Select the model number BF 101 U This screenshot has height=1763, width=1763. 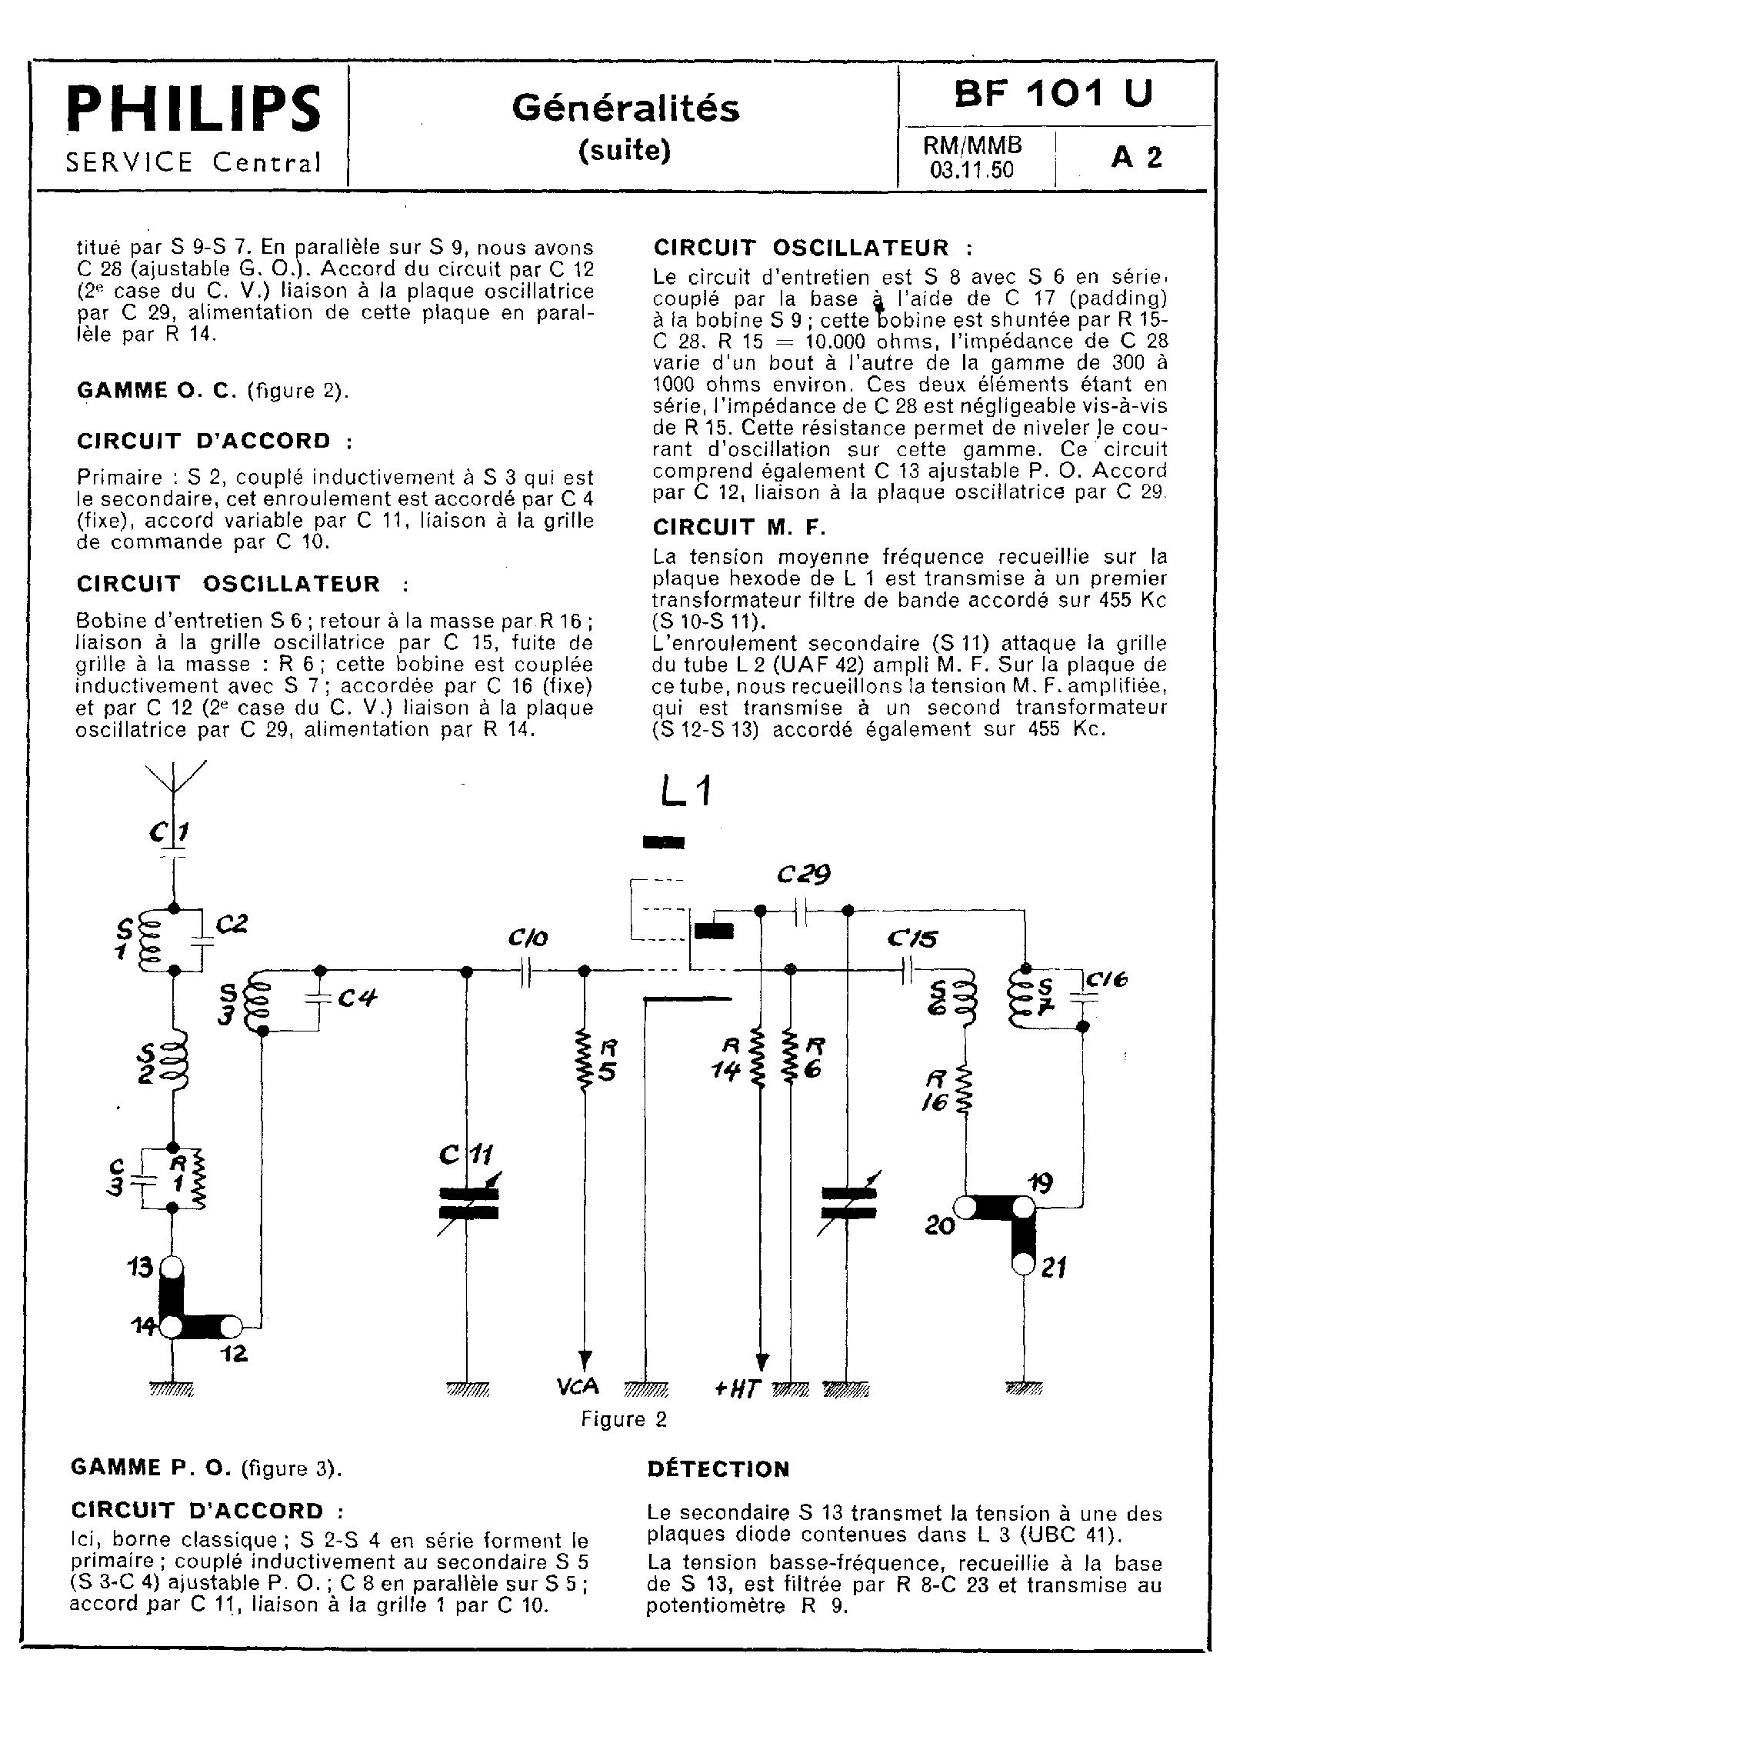click(1053, 93)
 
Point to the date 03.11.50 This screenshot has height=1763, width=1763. click(971, 170)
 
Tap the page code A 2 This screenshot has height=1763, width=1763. click(1136, 158)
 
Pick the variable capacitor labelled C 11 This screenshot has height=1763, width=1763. click(468, 1203)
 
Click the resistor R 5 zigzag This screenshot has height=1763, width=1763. click(584, 1061)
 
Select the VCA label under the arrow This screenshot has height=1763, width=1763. click(578, 1386)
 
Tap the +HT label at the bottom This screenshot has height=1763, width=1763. click(738, 1389)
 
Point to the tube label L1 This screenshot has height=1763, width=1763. click(685, 792)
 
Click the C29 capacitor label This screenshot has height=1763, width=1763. click(803, 875)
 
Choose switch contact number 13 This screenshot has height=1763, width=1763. click(171, 1268)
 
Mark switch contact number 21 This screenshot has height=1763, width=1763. click(1024, 1264)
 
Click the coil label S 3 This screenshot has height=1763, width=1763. click(228, 1002)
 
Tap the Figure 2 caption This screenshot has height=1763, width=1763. click(624, 1419)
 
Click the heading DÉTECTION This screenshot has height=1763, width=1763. click(718, 1469)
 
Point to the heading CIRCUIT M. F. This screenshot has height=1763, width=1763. click(739, 528)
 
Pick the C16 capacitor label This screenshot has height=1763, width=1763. click(1107, 979)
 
